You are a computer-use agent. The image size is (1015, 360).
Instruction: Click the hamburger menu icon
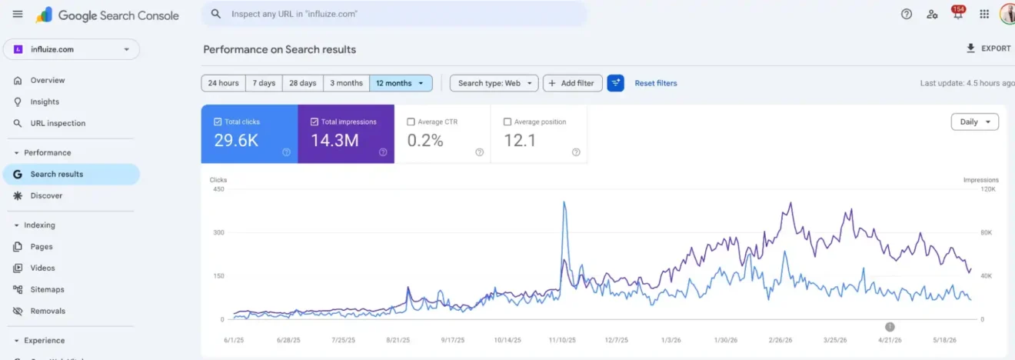click(x=18, y=14)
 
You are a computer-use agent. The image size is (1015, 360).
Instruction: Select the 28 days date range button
click(x=303, y=83)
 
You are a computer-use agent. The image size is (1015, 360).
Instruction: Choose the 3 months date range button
click(x=346, y=83)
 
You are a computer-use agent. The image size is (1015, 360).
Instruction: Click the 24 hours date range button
click(x=224, y=83)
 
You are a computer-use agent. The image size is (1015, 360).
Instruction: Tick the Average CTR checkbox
click(x=411, y=122)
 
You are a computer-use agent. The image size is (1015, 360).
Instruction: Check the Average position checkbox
click(x=507, y=122)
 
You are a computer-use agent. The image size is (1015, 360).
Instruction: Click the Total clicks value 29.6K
click(x=236, y=141)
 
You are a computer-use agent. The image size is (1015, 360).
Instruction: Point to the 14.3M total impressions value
click(x=334, y=141)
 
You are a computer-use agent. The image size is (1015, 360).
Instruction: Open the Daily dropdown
click(x=975, y=122)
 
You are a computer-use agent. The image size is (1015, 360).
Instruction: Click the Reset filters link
click(x=656, y=83)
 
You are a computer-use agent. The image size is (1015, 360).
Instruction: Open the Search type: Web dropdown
click(x=494, y=83)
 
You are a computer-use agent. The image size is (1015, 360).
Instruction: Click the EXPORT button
click(x=988, y=48)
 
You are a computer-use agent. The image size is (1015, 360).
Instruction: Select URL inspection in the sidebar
click(x=58, y=123)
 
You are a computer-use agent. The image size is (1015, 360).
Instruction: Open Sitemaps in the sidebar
click(x=47, y=289)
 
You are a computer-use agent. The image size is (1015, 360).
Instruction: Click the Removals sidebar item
click(x=48, y=311)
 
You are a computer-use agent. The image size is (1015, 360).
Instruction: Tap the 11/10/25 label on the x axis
click(x=562, y=340)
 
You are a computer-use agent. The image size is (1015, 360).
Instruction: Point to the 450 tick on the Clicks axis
click(x=218, y=189)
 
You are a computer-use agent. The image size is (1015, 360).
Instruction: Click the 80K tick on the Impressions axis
click(x=986, y=232)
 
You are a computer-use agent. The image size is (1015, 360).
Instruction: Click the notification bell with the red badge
click(x=958, y=14)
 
